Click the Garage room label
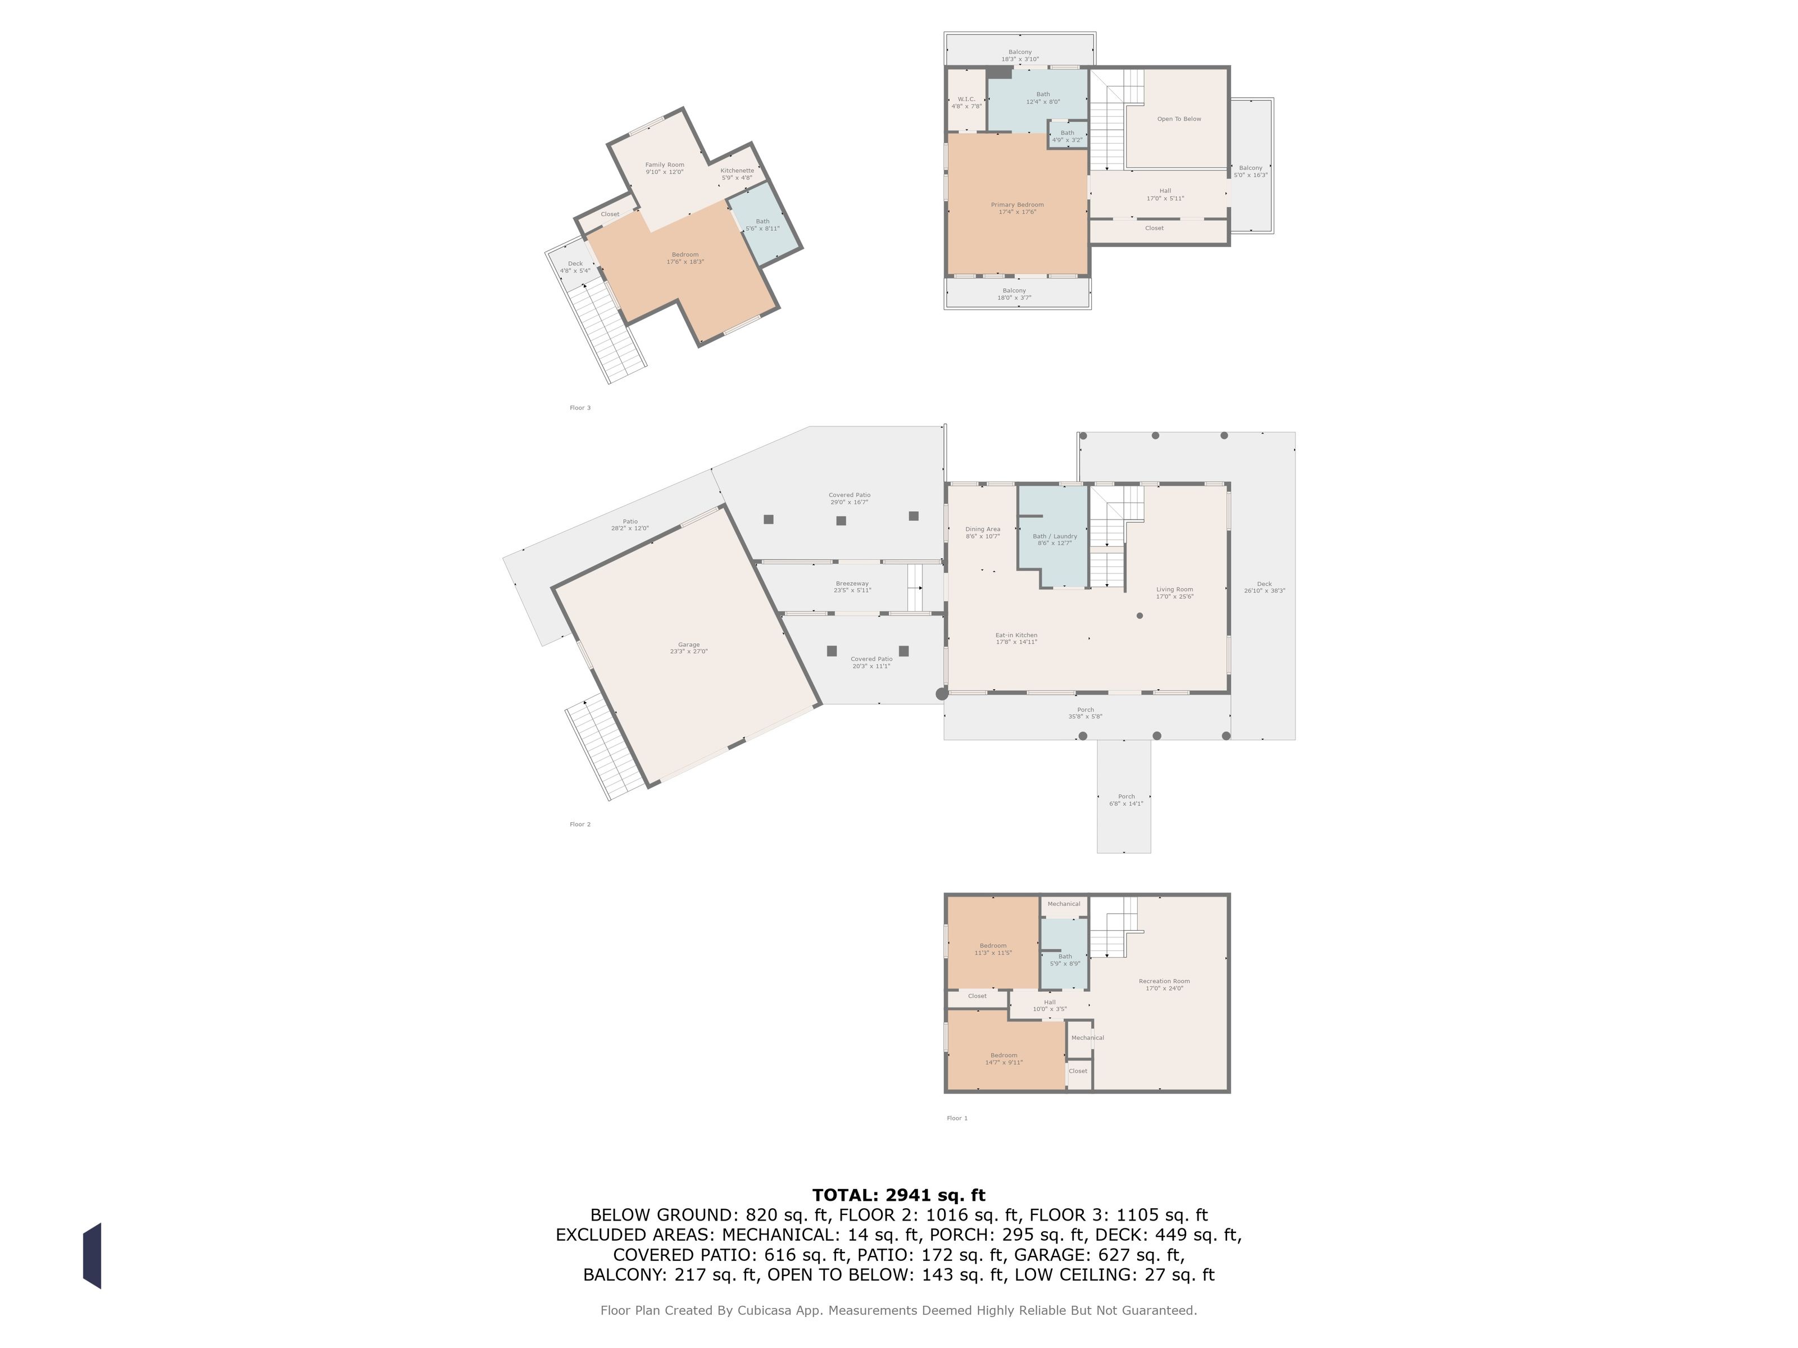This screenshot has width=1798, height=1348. [x=688, y=648]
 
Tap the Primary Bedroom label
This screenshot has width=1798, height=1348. [x=1017, y=208]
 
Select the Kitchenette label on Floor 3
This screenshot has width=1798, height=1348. [x=737, y=174]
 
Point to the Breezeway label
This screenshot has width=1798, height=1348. [x=852, y=586]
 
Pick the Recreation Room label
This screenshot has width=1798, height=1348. [x=1164, y=985]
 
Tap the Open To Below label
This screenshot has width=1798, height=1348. [x=1179, y=119]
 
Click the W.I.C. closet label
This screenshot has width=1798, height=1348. [x=966, y=102]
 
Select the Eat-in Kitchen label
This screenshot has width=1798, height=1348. [x=1016, y=639]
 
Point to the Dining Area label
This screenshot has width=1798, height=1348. [x=983, y=532]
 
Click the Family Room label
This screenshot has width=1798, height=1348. [x=664, y=168]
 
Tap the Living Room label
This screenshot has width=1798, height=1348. [x=1174, y=593]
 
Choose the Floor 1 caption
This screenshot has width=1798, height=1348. [x=957, y=1118]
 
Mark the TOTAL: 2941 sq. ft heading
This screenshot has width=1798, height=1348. [x=898, y=1195]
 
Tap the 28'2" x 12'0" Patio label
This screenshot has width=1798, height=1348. [x=630, y=525]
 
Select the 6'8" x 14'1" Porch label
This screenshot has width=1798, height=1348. [x=1126, y=800]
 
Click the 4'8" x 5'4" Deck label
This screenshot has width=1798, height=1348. [x=575, y=267]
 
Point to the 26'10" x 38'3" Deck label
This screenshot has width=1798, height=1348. [x=1264, y=586]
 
